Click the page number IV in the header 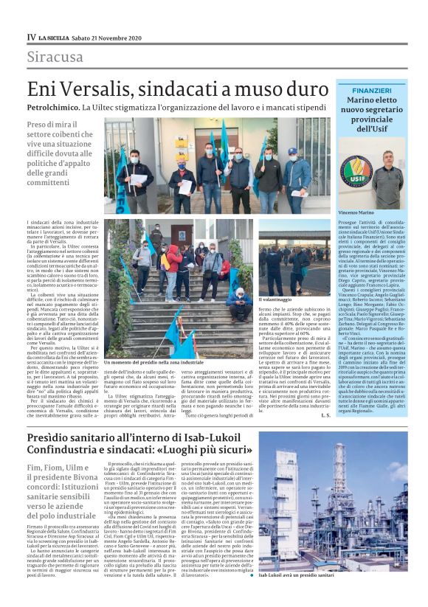31,36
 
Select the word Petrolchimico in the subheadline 51,108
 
